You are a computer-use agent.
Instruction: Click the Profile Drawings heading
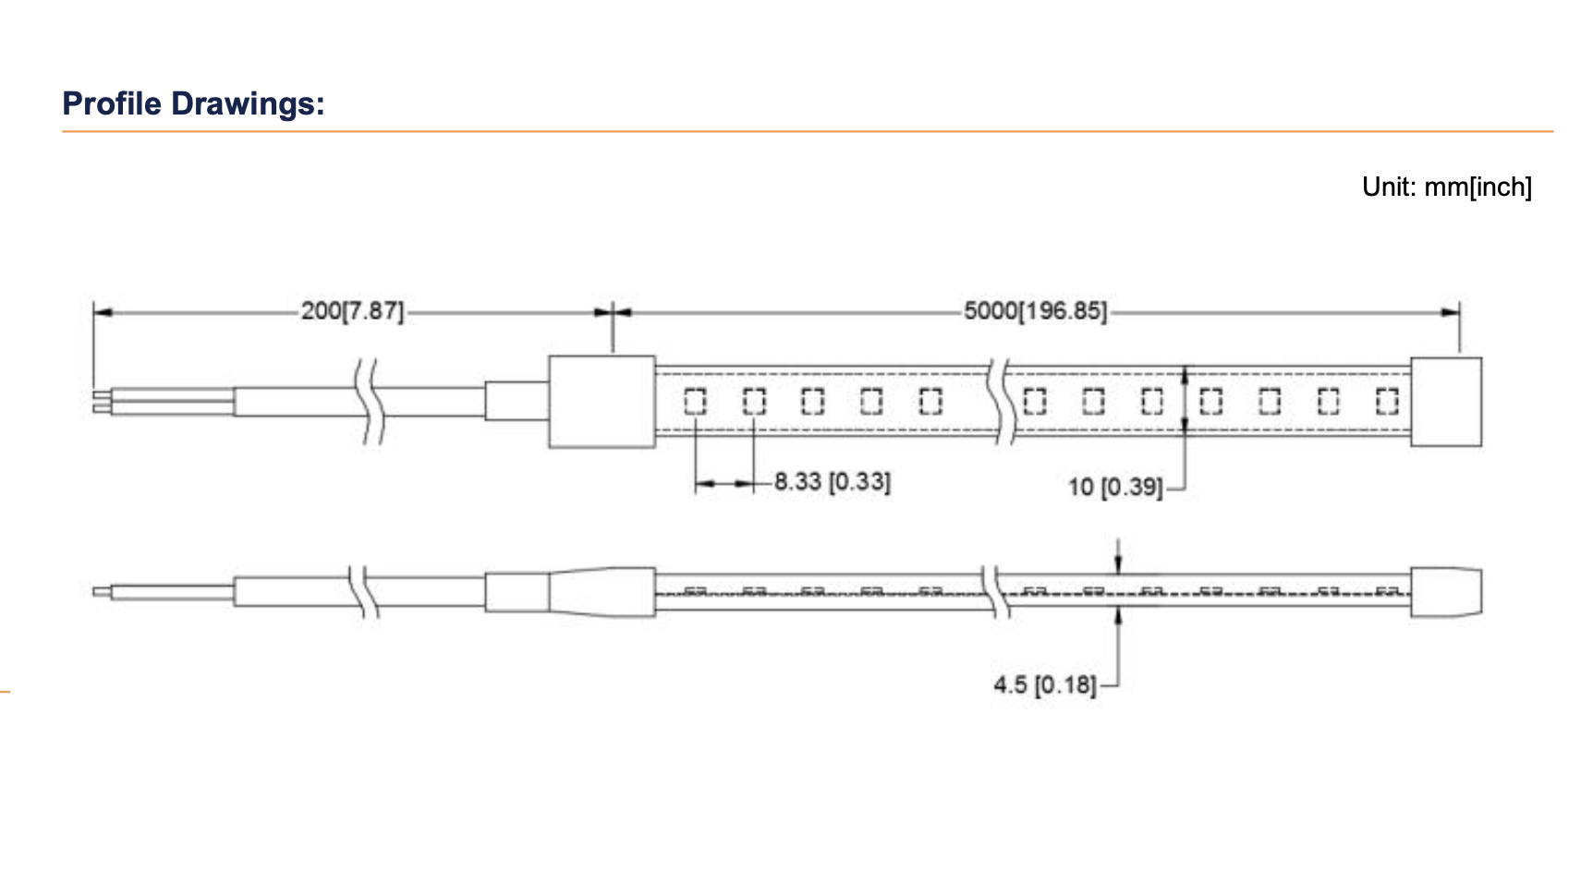click(193, 103)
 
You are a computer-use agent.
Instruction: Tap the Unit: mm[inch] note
click(1447, 187)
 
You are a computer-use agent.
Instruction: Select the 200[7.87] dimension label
click(353, 310)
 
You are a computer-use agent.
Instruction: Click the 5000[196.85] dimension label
click(1035, 310)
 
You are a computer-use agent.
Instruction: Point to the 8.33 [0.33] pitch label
click(833, 482)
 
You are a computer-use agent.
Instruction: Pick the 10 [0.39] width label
click(1115, 487)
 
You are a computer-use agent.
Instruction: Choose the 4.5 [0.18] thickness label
click(1045, 685)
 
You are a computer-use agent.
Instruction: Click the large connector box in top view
click(602, 402)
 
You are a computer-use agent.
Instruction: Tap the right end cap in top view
click(1446, 402)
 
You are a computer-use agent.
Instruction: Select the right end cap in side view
click(1446, 591)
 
